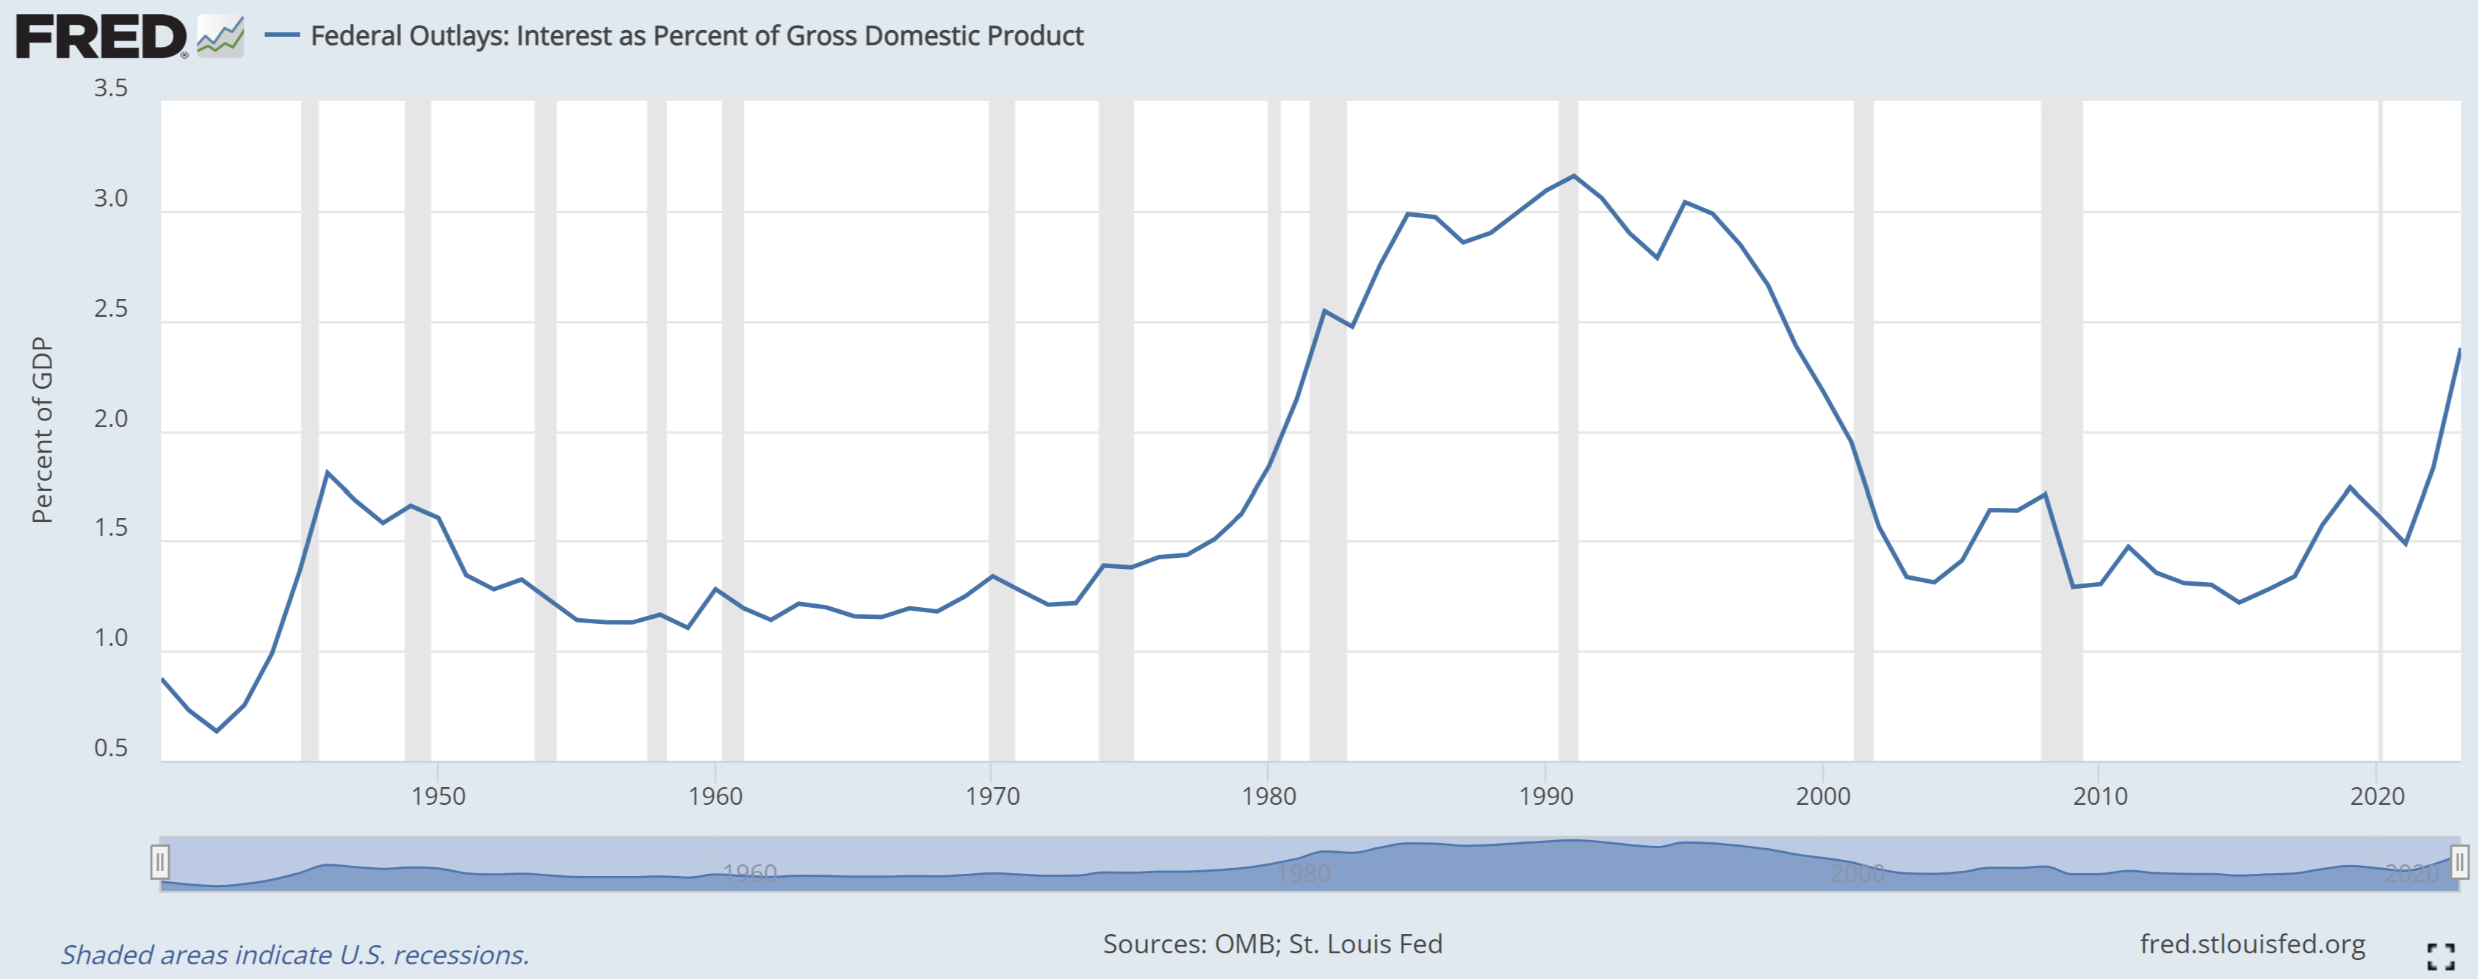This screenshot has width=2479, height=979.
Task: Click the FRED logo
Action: pyautogui.click(x=101, y=37)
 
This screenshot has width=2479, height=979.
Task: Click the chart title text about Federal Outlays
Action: pyautogui.click(x=697, y=35)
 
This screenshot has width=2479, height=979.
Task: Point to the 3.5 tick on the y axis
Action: pyautogui.click(x=111, y=88)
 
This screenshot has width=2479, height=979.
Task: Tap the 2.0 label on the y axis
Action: pyautogui.click(x=111, y=419)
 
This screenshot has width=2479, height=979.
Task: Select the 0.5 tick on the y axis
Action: pyautogui.click(x=111, y=749)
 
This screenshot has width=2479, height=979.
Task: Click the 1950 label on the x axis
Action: pyautogui.click(x=438, y=796)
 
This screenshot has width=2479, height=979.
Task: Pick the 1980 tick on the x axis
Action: pyautogui.click(x=1269, y=796)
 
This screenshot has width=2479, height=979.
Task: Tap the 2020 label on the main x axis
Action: pyautogui.click(x=2376, y=796)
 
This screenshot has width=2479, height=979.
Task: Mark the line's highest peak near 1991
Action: pyautogui.click(x=1573, y=175)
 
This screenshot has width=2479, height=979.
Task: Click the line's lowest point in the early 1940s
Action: pyautogui.click(x=217, y=731)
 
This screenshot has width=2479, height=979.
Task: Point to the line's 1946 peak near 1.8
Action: pyautogui.click(x=327, y=473)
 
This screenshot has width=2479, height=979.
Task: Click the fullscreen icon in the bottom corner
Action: pyautogui.click(x=2441, y=956)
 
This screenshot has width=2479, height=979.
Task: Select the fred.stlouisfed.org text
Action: pyautogui.click(x=2252, y=944)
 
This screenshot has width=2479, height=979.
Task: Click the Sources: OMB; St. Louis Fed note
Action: pyautogui.click(x=1272, y=944)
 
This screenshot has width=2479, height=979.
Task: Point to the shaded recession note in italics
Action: pyautogui.click(x=295, y=955)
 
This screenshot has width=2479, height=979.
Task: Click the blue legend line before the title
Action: pyautogui.click(x=282, y=35)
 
